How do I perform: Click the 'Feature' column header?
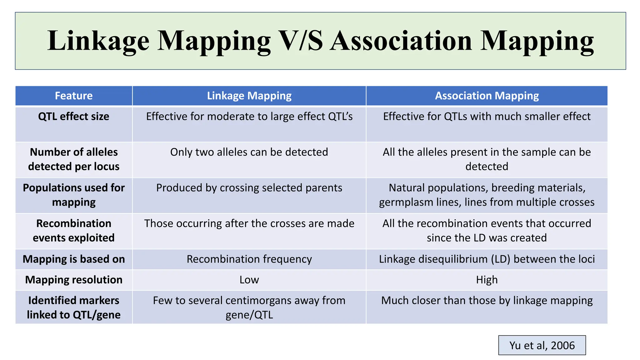74,96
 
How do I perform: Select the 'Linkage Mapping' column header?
249,96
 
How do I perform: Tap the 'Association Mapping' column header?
487,96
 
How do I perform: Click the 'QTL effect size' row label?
74,117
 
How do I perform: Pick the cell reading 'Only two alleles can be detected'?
249,152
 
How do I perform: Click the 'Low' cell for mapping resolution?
249,280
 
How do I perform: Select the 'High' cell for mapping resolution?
487,280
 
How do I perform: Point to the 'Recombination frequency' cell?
249,259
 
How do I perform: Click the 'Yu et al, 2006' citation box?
542,345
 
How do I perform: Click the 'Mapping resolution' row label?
74,280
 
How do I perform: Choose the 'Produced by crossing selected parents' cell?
249,188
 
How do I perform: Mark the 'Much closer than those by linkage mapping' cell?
487,301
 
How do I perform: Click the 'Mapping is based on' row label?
74,259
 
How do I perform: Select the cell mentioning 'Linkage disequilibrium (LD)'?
487,259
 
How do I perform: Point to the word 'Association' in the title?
401,41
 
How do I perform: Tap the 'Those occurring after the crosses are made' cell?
249,223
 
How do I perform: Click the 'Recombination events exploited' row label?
74,231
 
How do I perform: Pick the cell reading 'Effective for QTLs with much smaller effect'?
487,117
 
